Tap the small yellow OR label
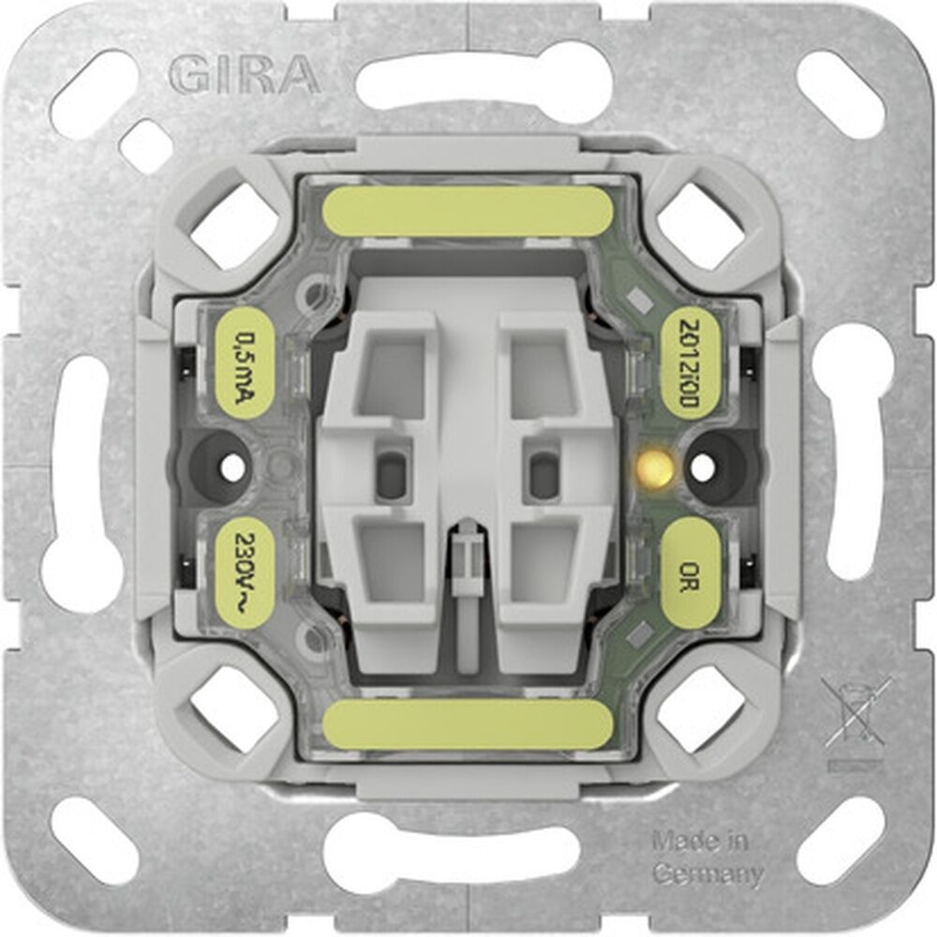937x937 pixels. [692, 572]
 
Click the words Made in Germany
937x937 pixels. [706, 858]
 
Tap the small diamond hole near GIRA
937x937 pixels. [145, 145]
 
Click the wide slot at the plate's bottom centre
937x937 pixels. [450, 853]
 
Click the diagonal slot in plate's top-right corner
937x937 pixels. [839, 94]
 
